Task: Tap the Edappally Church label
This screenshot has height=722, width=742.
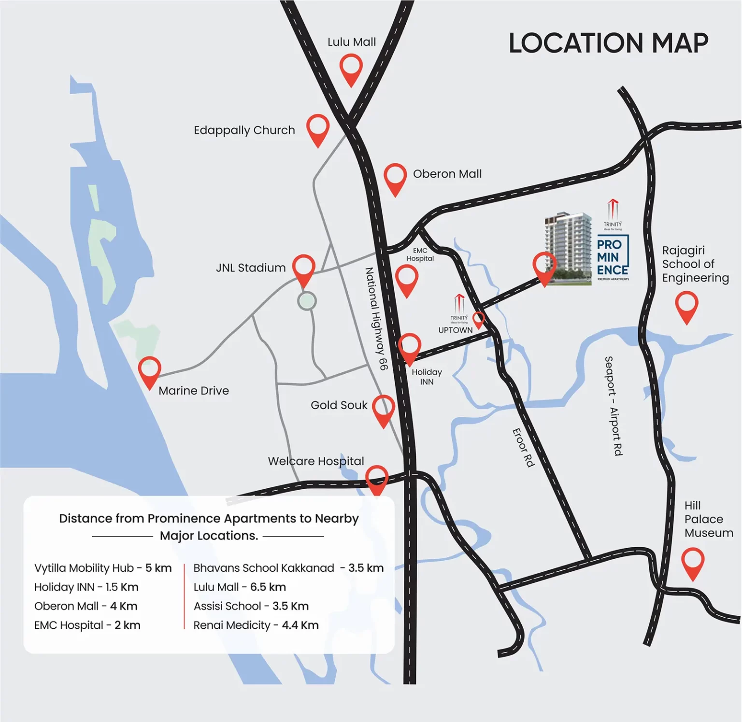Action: pyautogui.click(x=244, y=130)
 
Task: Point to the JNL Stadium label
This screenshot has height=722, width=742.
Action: pyautogui.click(x=251, y=268)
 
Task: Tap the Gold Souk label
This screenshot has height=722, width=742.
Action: pyautogui.click(x=339, y=405)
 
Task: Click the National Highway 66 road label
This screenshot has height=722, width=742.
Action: pyautogui.click(x=376, y=319)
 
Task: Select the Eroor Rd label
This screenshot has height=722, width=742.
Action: pyautogui.click(x=524, y=447)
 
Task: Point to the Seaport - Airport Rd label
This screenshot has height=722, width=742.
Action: pyautogui.click(x=614, y=406)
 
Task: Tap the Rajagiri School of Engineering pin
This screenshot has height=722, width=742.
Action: pyautogui.click(x=686, y=306)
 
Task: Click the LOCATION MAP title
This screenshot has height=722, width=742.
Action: pyautogui.click(x=608, y=43)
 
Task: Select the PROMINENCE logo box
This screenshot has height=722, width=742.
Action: pyautogui.click(x=613, y=258)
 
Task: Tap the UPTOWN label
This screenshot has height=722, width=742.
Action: pyautogui.click(x=455, y=330)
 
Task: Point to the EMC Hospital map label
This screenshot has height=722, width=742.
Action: pyautogui.click(x=420, y=255)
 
